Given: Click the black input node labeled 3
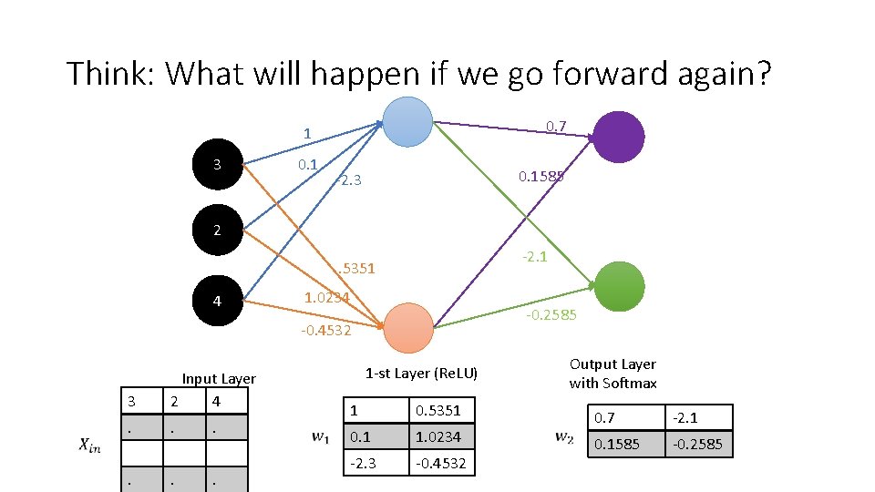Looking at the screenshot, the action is tap(217, 165).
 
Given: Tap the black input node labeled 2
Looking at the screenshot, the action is tap(217, 231).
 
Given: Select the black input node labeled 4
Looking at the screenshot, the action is tap(217, 300).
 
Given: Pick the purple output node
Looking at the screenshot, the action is tap(619, 137).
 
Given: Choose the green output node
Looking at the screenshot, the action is tap(619, 286).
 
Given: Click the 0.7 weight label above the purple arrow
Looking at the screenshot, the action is tap(556, 124).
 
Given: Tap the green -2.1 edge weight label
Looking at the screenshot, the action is tap(534, 257).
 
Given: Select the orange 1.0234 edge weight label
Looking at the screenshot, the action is tap(326, 297).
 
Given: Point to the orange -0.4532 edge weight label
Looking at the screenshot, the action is tap(326, 330).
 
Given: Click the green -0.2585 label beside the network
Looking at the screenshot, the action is tap(551, 315).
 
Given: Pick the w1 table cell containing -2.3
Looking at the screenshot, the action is tap(375, 463).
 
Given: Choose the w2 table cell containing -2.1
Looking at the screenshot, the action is tap(699, 417).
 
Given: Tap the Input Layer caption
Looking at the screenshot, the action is tap(219, 378).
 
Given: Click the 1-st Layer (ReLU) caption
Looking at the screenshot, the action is tap(421, 373).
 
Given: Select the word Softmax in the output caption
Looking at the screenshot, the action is tap(632, 383).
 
